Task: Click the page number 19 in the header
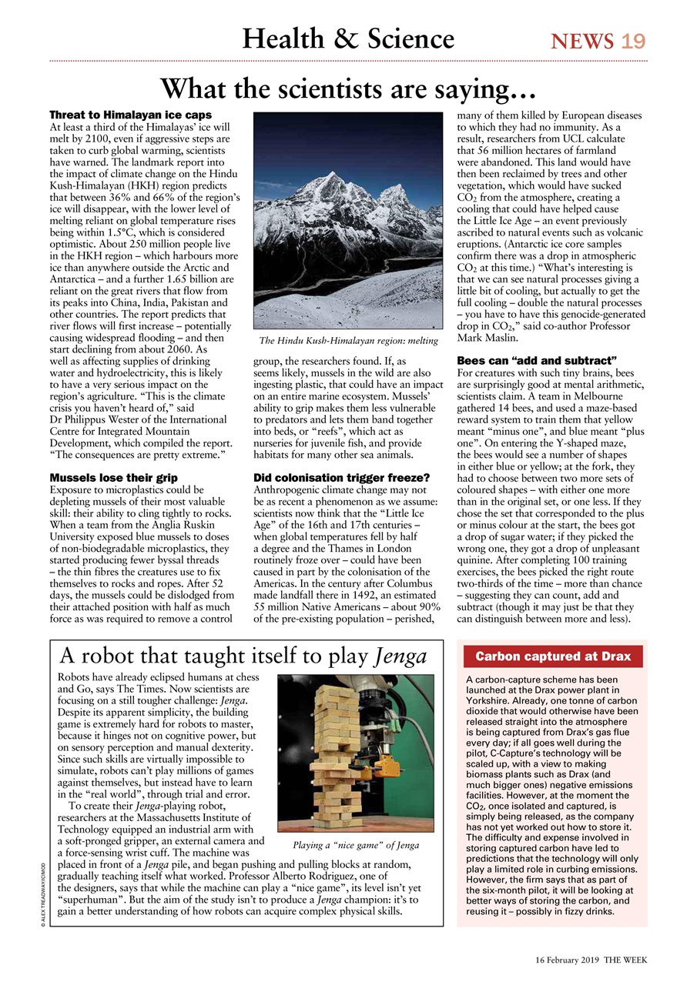[x=633, y=40]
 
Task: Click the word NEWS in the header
[x=582, y=40]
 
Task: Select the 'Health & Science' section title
[x=348, y=38]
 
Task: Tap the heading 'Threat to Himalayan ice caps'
[x=130, y=115]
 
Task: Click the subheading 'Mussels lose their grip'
[x=113, y=478]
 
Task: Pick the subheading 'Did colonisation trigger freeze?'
[x=341, y=478]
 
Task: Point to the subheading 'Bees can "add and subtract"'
[x=538, y=360]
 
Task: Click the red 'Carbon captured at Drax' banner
[x=552, y=656]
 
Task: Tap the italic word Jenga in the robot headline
[x=400, y=657]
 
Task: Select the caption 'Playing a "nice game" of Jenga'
[x=356, y=845]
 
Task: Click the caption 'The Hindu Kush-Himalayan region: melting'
[x=348, y=340]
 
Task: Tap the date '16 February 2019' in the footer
[x=567, y=960]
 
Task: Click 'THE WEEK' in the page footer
[x=626, y=960]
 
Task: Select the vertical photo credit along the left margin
[x=46, y=897]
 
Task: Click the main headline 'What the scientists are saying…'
[x=348, y=88]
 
